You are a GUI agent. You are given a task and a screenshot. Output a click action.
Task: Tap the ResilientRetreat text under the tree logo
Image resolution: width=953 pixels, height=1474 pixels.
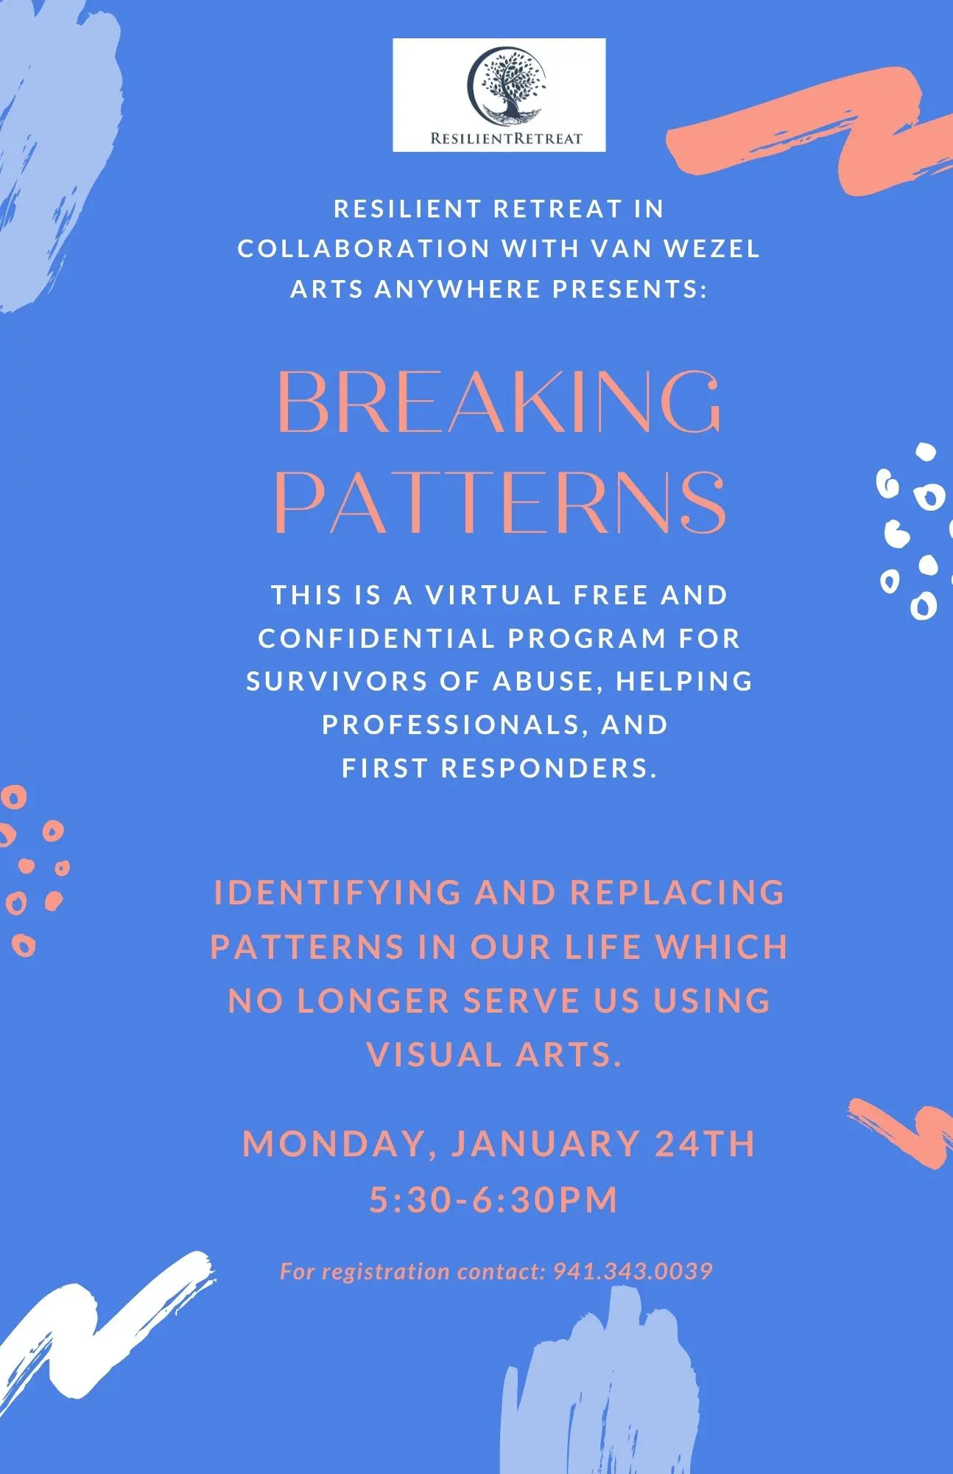tap(506, 138)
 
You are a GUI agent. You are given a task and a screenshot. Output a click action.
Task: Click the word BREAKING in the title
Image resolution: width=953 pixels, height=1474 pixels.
tap(499, 402)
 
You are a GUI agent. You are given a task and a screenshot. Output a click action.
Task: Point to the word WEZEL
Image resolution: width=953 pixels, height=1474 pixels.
tap(711, 248)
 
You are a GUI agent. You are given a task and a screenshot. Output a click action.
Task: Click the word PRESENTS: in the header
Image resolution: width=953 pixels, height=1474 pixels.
tap(630, 288)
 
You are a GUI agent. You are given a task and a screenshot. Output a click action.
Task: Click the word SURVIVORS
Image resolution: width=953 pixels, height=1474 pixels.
tap(337, 682)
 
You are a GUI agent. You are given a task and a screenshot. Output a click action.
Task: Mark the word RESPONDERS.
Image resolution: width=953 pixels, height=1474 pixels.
tap(549, 768)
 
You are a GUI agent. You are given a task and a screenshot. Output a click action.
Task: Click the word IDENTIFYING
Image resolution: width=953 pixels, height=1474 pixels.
tap(337, 893)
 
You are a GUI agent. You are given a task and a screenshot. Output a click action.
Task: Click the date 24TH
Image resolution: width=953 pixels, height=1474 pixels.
tap(705, 1144)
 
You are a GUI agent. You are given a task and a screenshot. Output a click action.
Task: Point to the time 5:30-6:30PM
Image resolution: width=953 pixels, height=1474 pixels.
tap(493, 1198)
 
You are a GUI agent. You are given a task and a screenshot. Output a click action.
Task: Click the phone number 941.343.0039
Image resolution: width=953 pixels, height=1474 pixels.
tap(633, 1271)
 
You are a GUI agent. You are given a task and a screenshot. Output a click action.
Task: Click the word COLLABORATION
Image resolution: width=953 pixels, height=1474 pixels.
tap(364, 248)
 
